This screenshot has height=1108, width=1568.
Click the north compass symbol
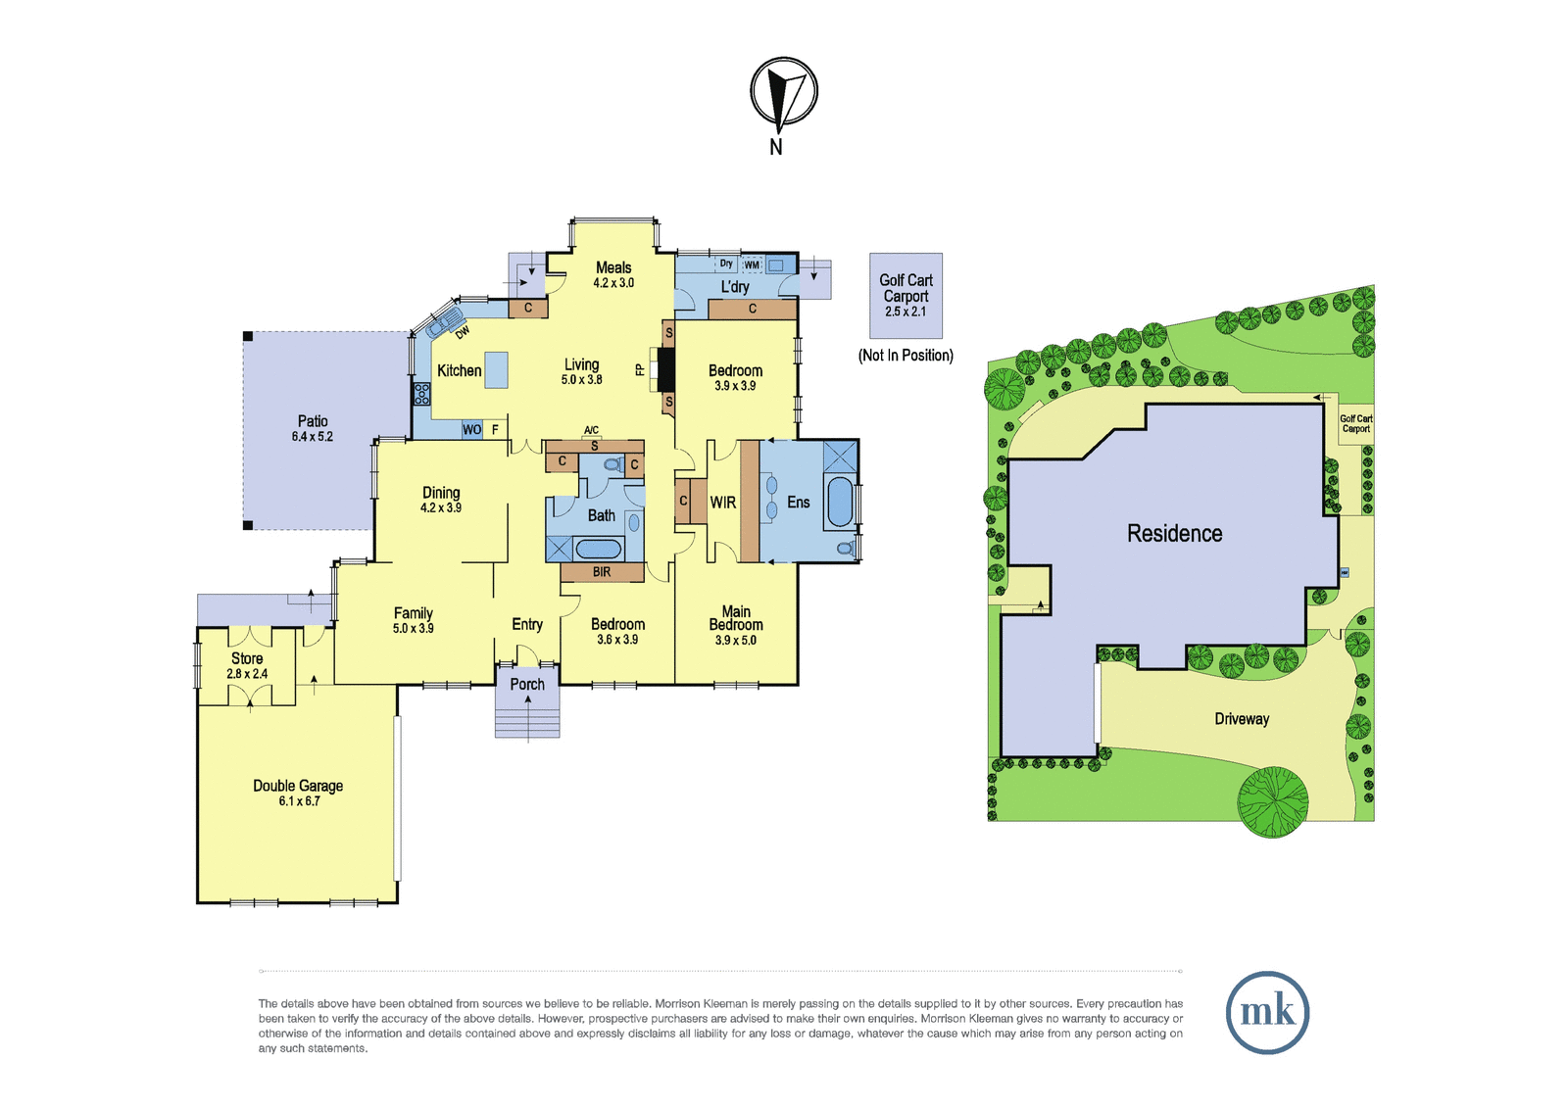(784, 91)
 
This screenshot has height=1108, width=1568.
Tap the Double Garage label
(298, 786)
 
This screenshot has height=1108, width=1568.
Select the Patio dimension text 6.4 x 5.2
(313, 437)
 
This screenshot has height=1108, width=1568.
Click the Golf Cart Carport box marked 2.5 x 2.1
(906, 296)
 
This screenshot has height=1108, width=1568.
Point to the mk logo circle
(1268, 1012)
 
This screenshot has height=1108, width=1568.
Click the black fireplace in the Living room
(665, 369)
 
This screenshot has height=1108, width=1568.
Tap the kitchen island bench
(496, 369)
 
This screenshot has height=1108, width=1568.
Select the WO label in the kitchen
(471, 430)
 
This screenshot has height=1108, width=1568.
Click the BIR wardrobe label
(602, 572)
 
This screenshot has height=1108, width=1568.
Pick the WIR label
(723, 502)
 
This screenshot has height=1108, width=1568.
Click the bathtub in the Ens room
(840, 502)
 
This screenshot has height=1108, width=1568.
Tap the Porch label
(527, 684)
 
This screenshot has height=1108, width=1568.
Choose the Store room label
(247, 658)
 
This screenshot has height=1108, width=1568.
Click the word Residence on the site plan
(1175, 533)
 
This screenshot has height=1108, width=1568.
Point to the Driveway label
(1242, 719)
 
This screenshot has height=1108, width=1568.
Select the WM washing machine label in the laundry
(751, 265)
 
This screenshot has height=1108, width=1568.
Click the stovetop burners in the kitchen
(422, 394)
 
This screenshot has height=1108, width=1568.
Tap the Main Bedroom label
(736, 618)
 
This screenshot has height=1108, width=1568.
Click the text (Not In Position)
(906, 356)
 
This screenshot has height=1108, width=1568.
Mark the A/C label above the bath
(592, 430)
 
